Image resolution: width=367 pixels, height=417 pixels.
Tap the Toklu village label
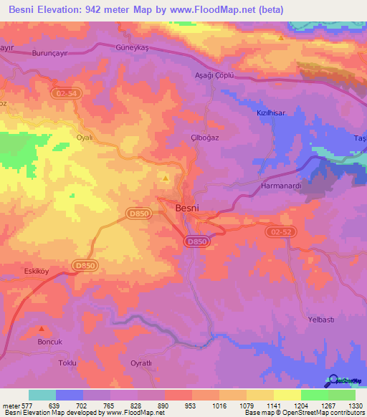[x=67, y=364]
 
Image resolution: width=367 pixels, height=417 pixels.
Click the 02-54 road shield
[x=65, y=94]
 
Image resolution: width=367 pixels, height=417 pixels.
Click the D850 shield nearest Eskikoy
[x=85, y=266]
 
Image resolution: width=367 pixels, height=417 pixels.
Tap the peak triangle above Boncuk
[x=42, y=330]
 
